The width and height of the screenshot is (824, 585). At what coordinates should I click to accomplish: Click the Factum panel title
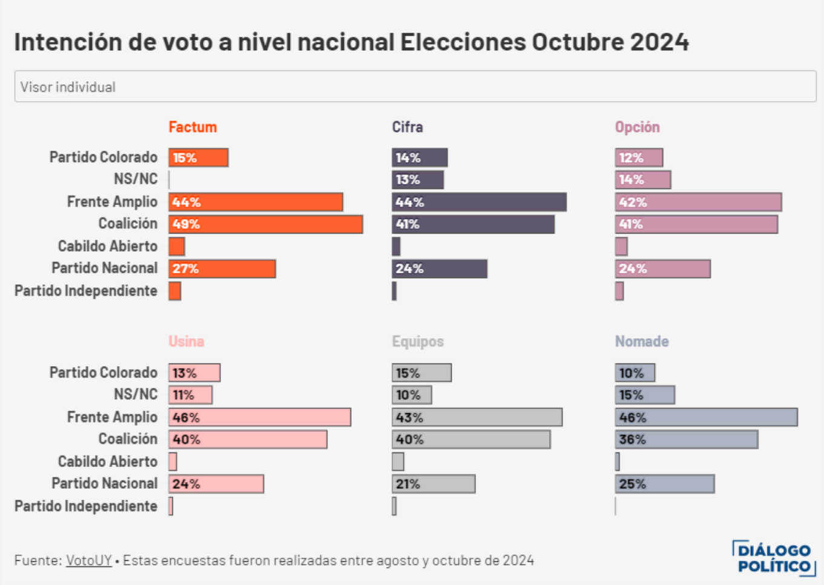click(193, 127)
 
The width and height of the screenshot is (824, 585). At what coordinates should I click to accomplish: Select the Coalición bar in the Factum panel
click(265, 224)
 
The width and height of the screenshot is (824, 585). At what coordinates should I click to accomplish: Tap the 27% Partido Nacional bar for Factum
click(222, 269)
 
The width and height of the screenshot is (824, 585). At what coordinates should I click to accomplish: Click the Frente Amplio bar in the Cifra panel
click(479, 202)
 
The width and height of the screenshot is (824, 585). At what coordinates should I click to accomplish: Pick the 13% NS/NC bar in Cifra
click(417, 180)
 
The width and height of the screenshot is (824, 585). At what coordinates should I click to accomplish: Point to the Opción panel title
click(637, 127)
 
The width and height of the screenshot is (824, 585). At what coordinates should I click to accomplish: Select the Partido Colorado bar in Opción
click(639, 158)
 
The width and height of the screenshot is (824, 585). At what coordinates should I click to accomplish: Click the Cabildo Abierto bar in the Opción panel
click(621, 247)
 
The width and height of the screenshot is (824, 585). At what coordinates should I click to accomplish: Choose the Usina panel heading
click(186, 341)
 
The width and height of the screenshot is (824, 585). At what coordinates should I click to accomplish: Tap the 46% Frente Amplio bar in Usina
click(259, 417)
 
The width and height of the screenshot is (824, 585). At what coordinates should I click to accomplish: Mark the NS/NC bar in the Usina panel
click(190, 395)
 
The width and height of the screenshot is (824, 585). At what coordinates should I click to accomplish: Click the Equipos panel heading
click(418, 341)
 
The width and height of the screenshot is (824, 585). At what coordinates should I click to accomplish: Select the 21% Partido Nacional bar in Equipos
click(433, 484)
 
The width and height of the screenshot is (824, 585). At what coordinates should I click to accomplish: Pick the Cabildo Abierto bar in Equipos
click(398, 462)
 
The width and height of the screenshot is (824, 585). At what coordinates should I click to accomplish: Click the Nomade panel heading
click(642, 341)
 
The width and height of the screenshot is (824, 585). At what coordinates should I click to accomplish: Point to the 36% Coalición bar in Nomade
click(686, 440)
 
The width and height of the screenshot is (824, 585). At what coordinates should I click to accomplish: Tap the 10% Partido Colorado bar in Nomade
click(634, 373)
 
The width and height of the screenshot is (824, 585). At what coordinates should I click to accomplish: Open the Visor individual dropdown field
click(415, 87)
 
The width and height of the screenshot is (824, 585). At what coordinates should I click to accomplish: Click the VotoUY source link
click(88, 560)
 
